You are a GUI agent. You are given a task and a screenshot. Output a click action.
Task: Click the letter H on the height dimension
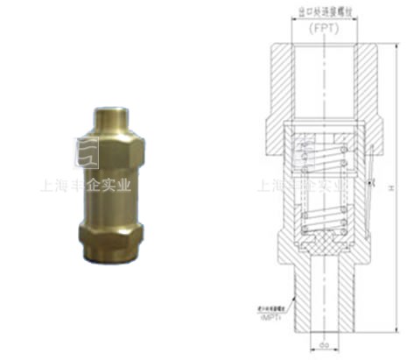coord(385,187)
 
